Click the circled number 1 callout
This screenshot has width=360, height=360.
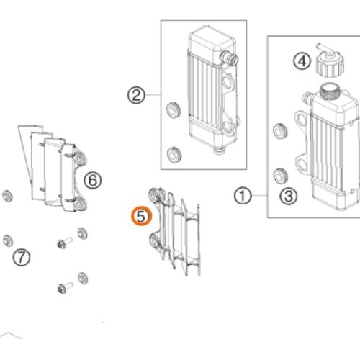[243, 196]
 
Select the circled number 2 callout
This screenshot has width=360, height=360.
[136, 95]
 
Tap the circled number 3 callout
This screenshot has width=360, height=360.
[289, 196]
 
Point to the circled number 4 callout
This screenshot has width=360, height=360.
[302, 61]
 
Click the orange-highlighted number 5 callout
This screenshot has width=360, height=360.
[141, 216]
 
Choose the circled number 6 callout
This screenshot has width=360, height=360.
[93, 180]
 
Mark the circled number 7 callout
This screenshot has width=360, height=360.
[22, 257]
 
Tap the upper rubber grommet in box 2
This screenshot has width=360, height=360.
[174, 110]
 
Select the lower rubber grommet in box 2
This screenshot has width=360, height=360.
[174, 155]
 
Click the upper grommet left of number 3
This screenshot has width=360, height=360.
[280, 131]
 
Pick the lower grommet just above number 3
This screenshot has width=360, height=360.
[281, 176]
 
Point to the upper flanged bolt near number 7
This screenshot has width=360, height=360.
[65, 243]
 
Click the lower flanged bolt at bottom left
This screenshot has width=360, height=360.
[66, 287]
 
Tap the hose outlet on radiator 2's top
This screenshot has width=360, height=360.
[229, 58]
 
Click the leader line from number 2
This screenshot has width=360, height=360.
[153, 95]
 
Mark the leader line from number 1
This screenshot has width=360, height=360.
[260, 196]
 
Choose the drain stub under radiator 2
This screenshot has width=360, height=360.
[219, 150]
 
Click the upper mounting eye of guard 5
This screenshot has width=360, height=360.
[155, 195]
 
